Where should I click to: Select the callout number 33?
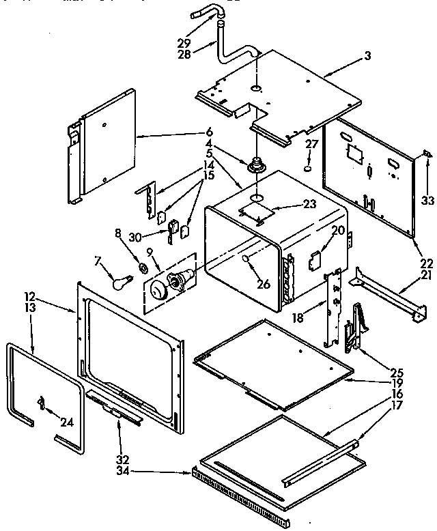click(427, 201)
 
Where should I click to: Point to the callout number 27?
click(311, 144)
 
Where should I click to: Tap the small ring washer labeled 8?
click(144, 266)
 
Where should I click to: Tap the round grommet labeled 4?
click(258, 165)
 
